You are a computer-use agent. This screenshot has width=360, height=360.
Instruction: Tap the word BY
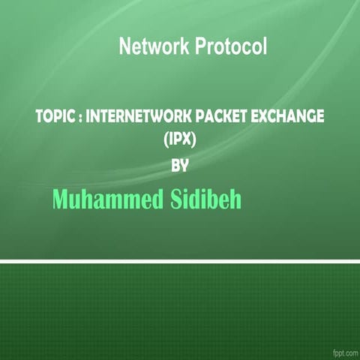180,166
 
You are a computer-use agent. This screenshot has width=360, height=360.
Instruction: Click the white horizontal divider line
180,261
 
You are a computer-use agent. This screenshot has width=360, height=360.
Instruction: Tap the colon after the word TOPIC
77,118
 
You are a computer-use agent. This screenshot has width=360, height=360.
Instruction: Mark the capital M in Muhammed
61,199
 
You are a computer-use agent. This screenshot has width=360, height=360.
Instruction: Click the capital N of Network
125,47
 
